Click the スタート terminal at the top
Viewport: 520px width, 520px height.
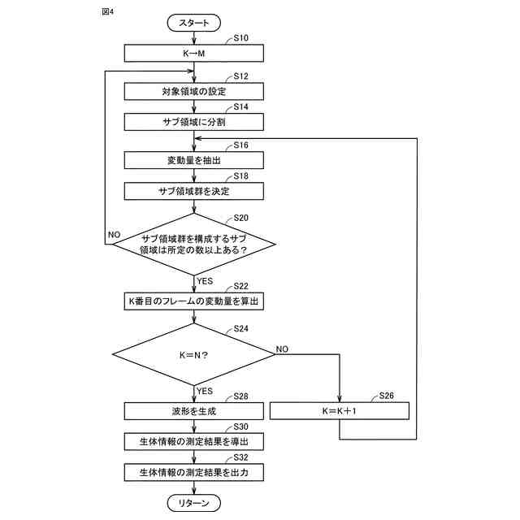[x=194, y=24]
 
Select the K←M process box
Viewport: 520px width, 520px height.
[x=194, y=53]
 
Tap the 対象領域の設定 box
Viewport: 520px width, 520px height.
[x=194, y=92]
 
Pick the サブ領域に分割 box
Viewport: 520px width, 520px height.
[x=194, y=122]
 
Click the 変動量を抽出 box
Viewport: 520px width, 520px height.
[x=194, y=160]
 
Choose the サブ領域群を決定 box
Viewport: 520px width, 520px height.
[x=194, y=191]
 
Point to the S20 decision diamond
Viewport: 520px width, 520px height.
[x=194, y=244]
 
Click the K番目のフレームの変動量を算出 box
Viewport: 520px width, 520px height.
[x=194, y=301]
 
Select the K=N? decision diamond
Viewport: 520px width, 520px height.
[x=194, y=355]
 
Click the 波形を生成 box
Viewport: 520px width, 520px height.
[x=194, y=411]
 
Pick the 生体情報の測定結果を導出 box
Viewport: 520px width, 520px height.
[x=194, y=441]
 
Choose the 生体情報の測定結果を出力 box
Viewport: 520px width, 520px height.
[x=194, y=472]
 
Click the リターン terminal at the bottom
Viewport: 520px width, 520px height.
[x=194, y=504]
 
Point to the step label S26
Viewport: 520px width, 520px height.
[x=388, y=396]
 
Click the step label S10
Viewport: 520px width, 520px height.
[x=241, y=38]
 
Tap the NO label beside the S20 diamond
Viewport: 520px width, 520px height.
[x=114, y=234]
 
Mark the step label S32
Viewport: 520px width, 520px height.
[x=241, y=457]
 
